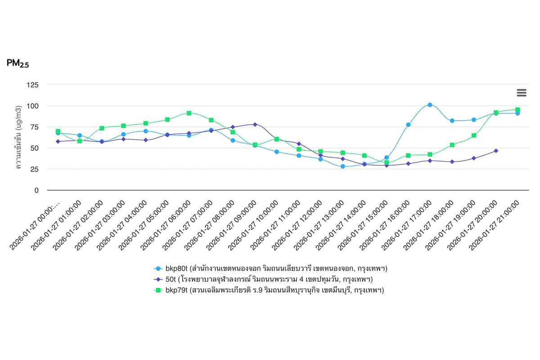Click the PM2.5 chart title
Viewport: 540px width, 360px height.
pos(18,63)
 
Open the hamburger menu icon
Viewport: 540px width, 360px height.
pos(522,93)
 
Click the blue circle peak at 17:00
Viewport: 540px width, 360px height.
pos(430,105)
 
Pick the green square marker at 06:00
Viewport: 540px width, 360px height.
pos(189,113)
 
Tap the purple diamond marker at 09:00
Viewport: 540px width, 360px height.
pos(255,124)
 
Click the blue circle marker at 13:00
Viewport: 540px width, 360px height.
pos(342,166)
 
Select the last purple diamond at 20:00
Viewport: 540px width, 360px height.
pos(496,151)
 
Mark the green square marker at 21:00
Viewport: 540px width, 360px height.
pos(517,110)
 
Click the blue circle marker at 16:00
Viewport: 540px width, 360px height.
pos(408,125)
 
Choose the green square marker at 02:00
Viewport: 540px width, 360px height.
pos(102,128)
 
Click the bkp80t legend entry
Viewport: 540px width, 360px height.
pos(270,269)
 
